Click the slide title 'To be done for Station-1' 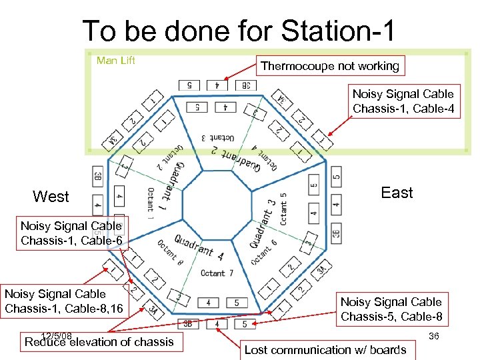(239, 31)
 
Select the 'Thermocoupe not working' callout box (330, 65)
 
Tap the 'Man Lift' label (116, 61)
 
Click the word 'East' (397, 193)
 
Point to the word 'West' (51, 197)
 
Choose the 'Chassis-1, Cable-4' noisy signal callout (403, 101)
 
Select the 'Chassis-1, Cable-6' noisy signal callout (71, 233)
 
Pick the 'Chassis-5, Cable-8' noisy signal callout (391, 309)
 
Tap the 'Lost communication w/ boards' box (325, 349)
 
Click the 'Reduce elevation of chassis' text (99, 342)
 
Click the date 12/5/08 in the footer (56, 335)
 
